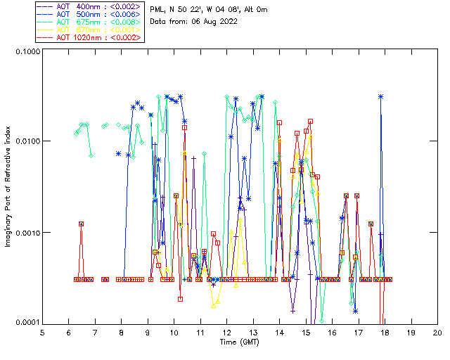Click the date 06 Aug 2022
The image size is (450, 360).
[x=214, y=21]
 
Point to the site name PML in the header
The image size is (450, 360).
[x=159, y=9]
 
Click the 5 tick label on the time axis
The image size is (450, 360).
[x=42, y=332]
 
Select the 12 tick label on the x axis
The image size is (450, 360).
[x=226, y=332]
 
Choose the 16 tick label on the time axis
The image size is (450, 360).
[x=332, y=332]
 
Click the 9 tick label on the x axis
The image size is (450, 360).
[x=148, y=332]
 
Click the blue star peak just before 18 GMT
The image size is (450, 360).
[x=381, y=96]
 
